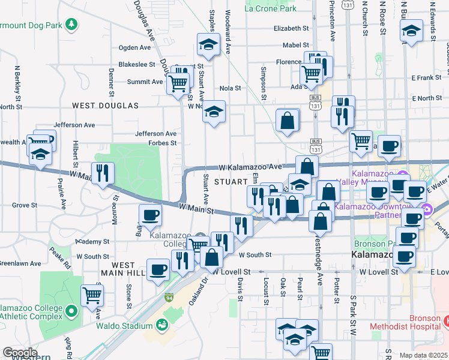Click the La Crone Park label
coord(271,8)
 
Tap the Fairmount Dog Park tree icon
coord(72,24)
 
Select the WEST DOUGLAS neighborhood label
coord(105,106)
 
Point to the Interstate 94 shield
coord(169,297)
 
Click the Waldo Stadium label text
coord(124,326)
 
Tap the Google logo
coord(19,353)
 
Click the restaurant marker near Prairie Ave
coord(103,173)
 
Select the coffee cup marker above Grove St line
coord(150,215)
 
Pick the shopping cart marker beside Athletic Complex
coord(92,295)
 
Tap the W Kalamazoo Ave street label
coord(250,166)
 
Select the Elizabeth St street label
coord(286,28)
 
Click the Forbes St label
coord(163,143)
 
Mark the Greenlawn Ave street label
coord(20,263)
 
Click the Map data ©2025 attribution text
coord(424,355)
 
